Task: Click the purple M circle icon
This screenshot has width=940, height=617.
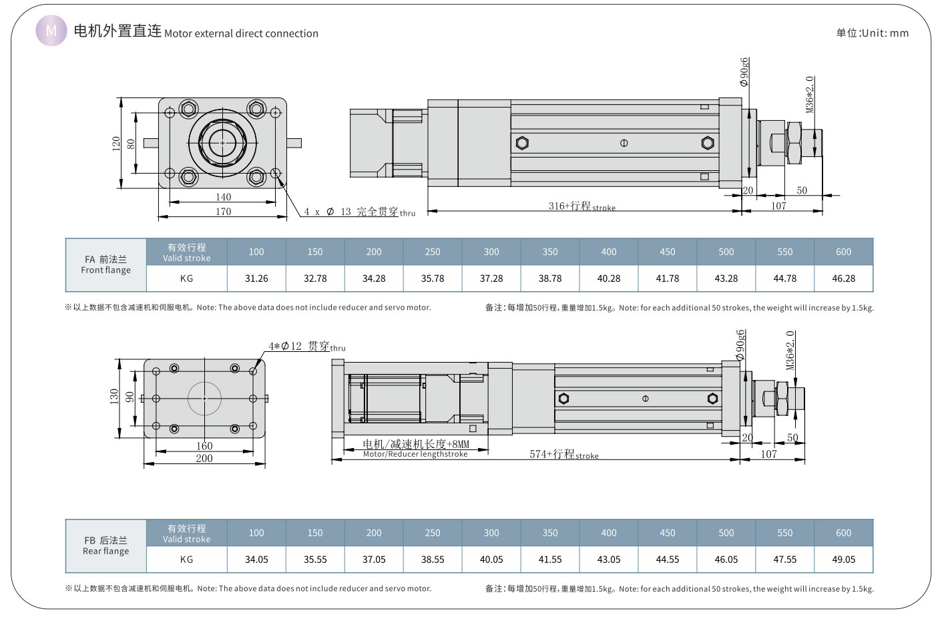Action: (51, 31)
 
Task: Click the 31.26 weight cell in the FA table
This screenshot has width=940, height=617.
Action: (256, 278)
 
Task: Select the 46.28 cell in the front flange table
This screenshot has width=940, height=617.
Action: (843, 278)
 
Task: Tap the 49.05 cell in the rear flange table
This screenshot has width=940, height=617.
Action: (843, 560)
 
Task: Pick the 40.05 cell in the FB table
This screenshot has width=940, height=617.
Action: (491, 560)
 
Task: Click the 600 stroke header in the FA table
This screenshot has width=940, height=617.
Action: (843, 252)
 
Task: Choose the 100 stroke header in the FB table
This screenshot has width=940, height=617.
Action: (256, 533)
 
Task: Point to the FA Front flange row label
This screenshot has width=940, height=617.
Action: (105, 264)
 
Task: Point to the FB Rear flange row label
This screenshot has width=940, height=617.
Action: (105, 546)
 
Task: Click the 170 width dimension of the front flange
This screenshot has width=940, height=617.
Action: (223, 212)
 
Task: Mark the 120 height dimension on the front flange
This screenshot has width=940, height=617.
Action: (116, 143)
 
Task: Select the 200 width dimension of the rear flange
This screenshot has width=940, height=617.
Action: (204, 458)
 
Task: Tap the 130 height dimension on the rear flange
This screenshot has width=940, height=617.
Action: (114, 397)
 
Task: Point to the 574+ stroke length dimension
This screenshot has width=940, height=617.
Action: (563, 455)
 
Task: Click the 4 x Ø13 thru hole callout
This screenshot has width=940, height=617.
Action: (359, 212)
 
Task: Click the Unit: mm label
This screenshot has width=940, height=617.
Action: (872, 33)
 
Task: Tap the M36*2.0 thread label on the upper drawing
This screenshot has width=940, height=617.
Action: (810, 94)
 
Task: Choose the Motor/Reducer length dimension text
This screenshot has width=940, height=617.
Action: (415, 449)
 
